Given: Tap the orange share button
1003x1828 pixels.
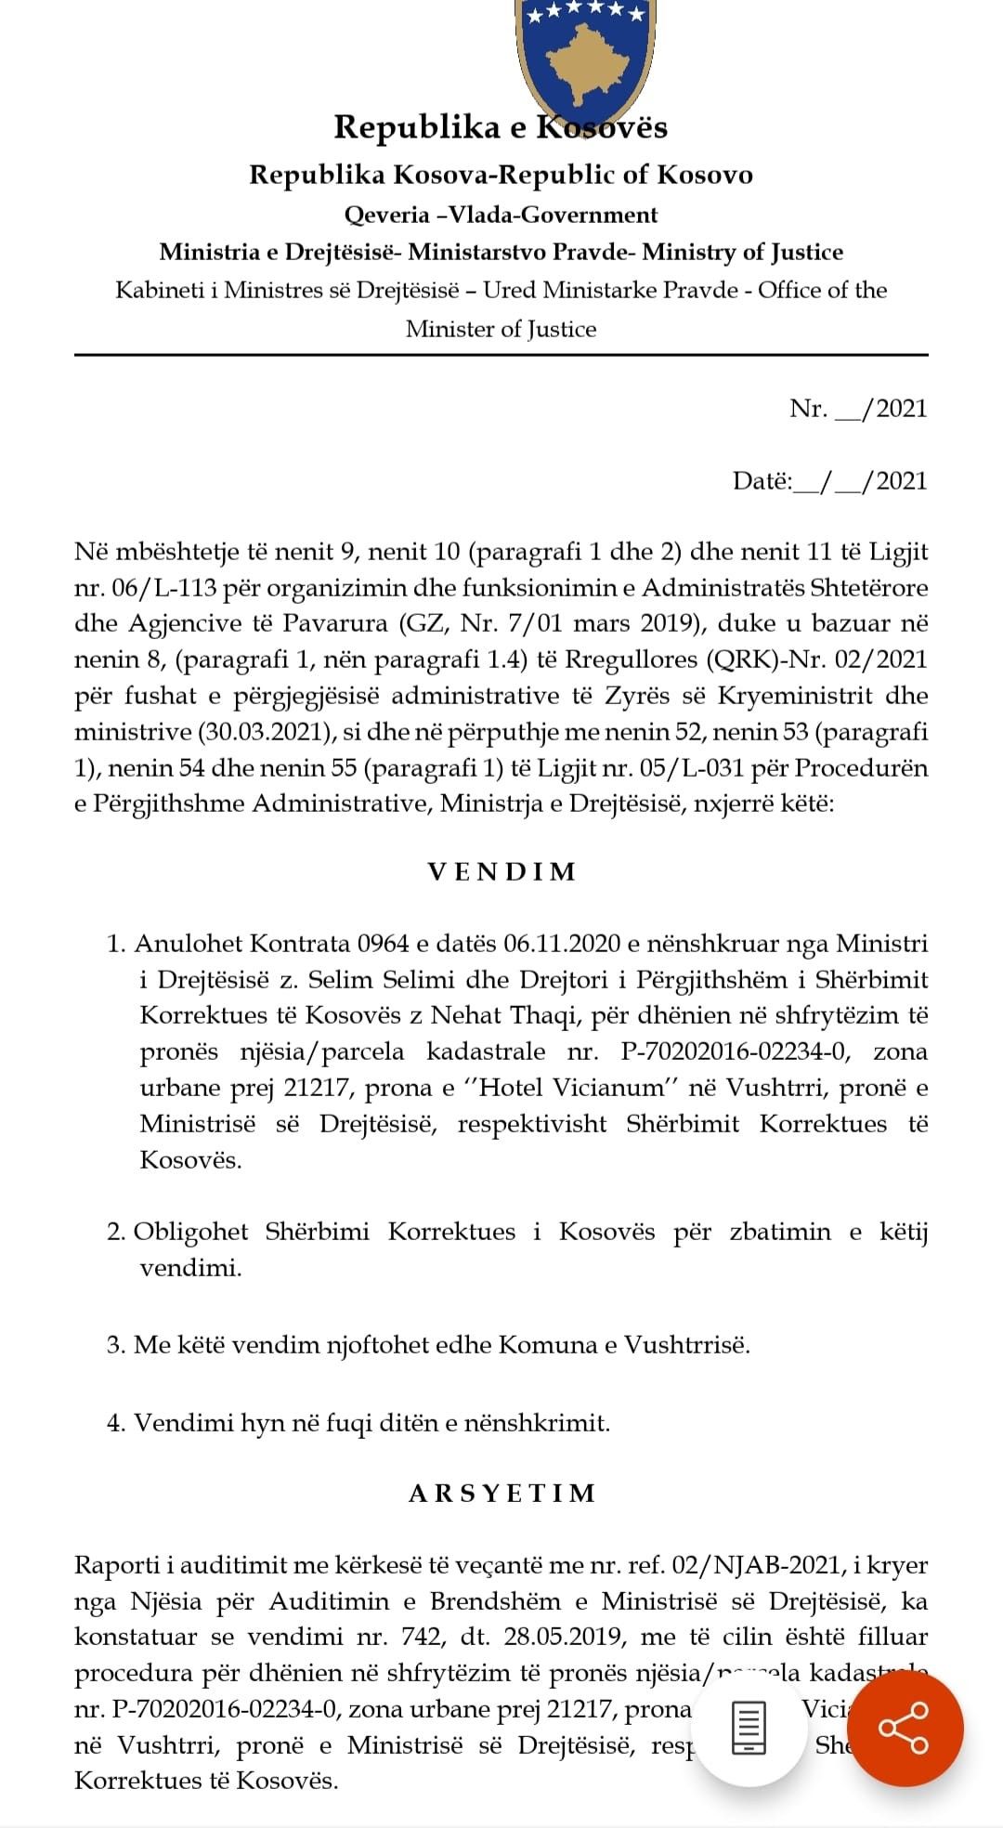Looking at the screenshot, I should click(x=905, y=1728).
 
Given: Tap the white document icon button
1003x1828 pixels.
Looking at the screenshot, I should click(x=749, y=1728).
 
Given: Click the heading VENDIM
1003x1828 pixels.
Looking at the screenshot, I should click(x=501, y=872).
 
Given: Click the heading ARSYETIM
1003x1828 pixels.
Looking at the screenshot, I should click(x=501, y=1494).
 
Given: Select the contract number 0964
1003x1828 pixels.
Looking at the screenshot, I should click(x=383, y=944).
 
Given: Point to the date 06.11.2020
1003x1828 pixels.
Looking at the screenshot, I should click(x=562, y=944).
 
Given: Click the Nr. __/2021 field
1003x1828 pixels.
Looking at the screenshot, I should click(x=858, y=409).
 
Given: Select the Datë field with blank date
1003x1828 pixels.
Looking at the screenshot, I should click(x=829, y=481).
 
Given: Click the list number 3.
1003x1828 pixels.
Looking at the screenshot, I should click(x=115, y=1345).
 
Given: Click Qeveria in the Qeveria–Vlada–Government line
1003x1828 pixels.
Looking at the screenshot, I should click(x=386, y=215).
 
